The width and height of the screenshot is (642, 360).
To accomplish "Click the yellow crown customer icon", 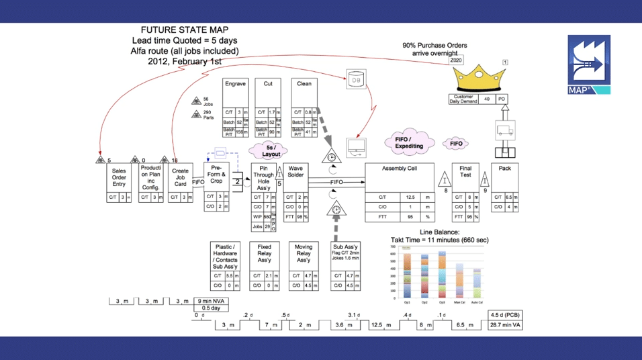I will click(x=479, y=78).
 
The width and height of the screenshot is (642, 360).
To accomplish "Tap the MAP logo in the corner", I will click(x=589, y=64).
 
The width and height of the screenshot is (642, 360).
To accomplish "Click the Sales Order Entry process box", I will click(x=119, y=178).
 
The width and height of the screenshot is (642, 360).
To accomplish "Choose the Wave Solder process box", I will click(x=296, y=171).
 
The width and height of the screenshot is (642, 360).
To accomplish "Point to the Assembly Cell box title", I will click(x=399, y=169).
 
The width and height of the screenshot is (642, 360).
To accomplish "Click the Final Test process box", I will click(x=465, y=172).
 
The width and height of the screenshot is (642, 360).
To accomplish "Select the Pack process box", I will click(x=504, y=169).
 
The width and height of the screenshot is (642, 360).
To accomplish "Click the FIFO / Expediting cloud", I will click(x=408, y=143).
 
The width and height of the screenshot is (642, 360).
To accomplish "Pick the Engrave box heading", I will click(x=235, y=84).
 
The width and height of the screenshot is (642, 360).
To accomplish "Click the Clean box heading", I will click(x=304, y=84).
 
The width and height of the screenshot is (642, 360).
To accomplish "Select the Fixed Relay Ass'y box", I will click(x=265, y=255).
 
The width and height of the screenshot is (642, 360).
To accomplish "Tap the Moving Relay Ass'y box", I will click(x=304, y=255).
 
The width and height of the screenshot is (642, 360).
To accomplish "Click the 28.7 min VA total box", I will click(x=506, y=325).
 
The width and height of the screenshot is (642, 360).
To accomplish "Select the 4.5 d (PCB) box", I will click(x=506, y=314).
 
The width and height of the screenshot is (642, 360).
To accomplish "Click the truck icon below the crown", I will click(x=504, y=129).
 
